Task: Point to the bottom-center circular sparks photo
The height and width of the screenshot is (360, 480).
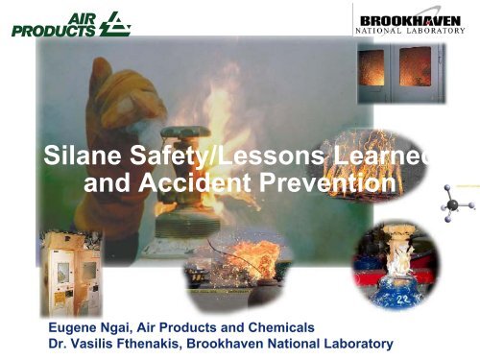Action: pyautogui.click(x=228, y=265)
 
